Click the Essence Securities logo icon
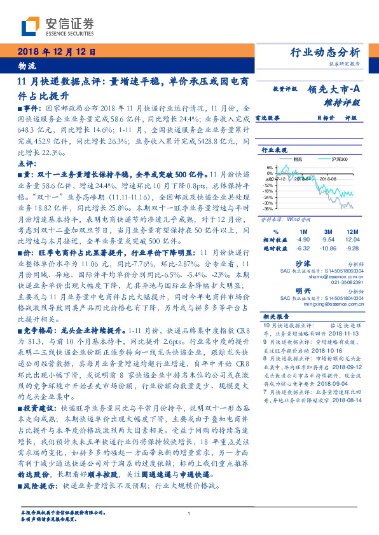(31, 26)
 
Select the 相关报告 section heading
(275, 316)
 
